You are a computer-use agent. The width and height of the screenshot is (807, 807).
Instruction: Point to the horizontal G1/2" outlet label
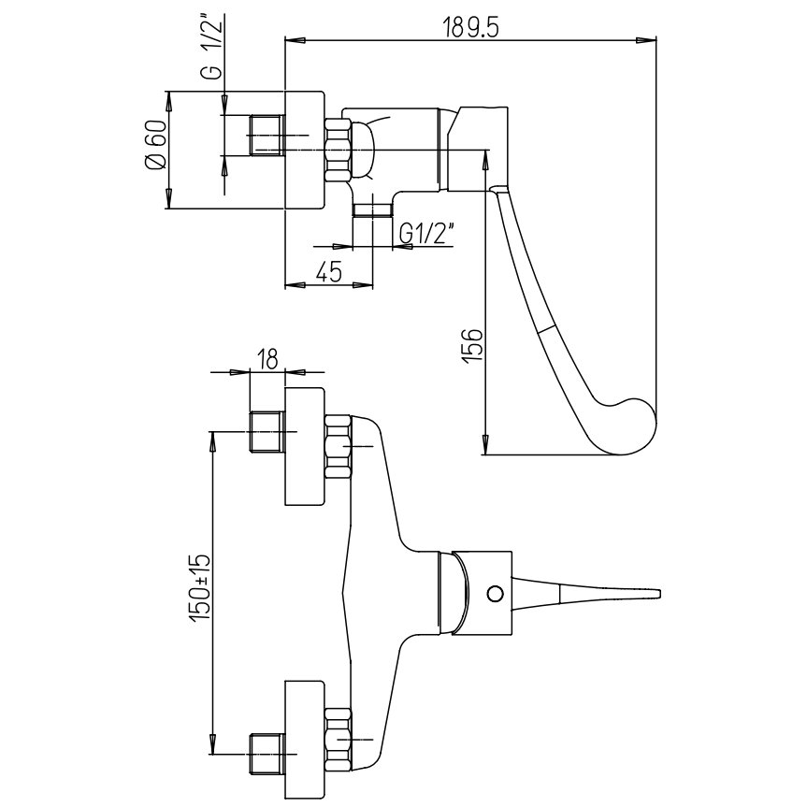[426, 233]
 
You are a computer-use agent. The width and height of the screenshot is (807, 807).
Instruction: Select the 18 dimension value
[267, 359]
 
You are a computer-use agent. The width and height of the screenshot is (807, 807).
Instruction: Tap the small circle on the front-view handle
[496, 593]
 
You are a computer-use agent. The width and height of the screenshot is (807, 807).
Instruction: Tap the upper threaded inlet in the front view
[267, 431]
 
